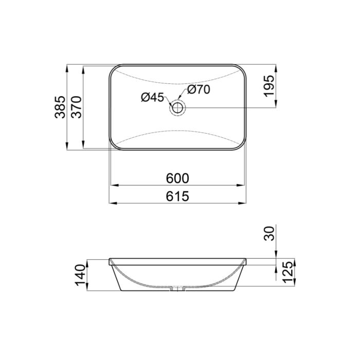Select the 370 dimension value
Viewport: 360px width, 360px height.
pos(77,107)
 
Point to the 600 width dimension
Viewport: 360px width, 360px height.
pos(178,178)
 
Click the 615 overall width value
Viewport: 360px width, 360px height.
pos(178,196)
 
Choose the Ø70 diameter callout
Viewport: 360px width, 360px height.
pos(199,89)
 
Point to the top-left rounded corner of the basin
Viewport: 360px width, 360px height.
pos(114,69)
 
